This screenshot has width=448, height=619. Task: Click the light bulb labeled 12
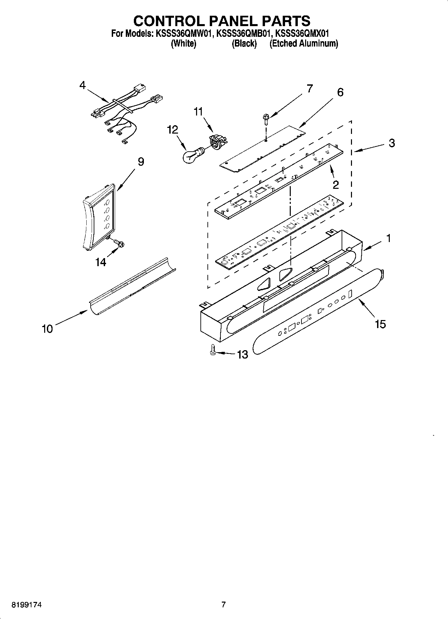192,155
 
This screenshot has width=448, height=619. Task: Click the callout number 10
47,329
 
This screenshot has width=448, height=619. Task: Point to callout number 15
380,324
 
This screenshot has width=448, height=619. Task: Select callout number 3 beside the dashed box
392,143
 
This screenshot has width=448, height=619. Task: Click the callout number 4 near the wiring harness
82,85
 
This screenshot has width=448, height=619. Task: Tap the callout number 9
141,162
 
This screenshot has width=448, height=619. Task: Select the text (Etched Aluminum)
304,44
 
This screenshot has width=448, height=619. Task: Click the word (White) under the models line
183,44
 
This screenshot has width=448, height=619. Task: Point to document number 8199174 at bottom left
26,605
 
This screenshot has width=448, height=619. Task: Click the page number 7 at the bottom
223,605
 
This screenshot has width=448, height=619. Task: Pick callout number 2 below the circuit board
336,184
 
